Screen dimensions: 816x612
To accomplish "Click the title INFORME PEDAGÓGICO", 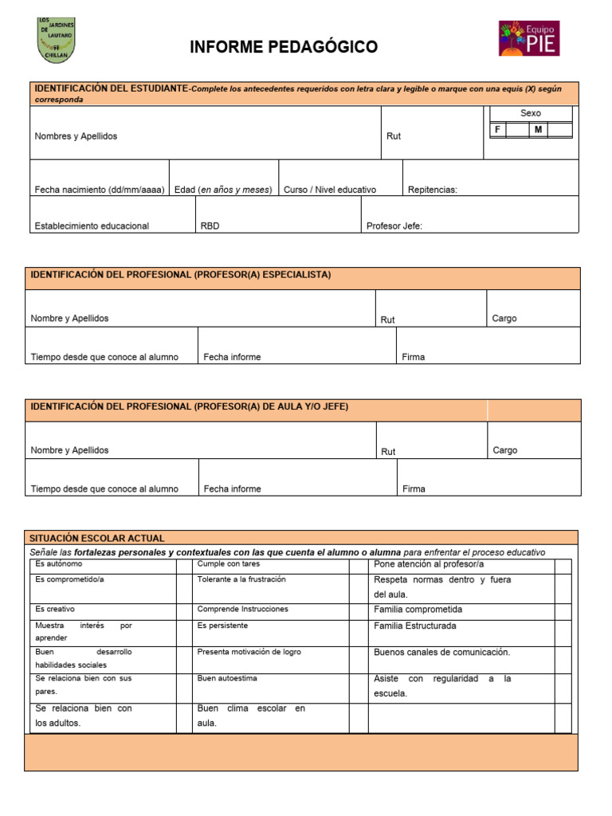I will coord(284,48).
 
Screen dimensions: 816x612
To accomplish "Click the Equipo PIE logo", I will coord(529,38).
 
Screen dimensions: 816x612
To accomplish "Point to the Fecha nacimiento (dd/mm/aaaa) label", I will coord(100,190).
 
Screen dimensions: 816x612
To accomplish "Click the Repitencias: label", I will coord(433,190).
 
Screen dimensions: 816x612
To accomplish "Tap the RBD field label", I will coord(210,226).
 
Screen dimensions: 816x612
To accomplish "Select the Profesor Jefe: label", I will coord(394,226).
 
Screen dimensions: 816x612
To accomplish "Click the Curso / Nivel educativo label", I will coord(330,190).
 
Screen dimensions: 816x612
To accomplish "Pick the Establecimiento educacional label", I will coord(92,226).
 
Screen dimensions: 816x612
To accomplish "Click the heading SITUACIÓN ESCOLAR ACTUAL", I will coord(97,538).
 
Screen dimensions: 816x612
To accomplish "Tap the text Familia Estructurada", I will coord(415,626).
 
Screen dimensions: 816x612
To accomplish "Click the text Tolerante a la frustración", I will coord(241,579).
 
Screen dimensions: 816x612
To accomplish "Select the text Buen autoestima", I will coord(227,678).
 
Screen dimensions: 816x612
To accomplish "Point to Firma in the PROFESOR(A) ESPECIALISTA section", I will coord(414,357).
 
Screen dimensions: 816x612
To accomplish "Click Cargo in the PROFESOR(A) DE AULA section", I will coord(505,450).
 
